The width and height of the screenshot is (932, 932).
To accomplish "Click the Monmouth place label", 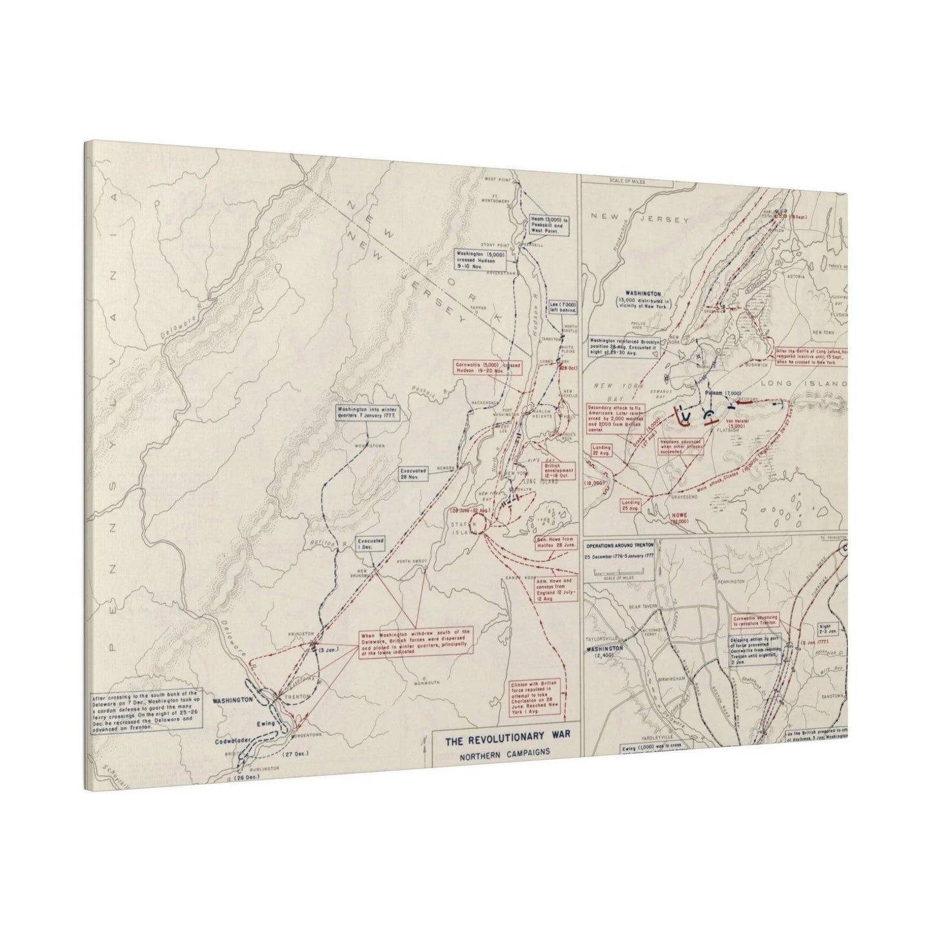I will point(428,682).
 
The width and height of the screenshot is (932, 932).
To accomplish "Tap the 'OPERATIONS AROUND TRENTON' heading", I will point(619,546).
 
